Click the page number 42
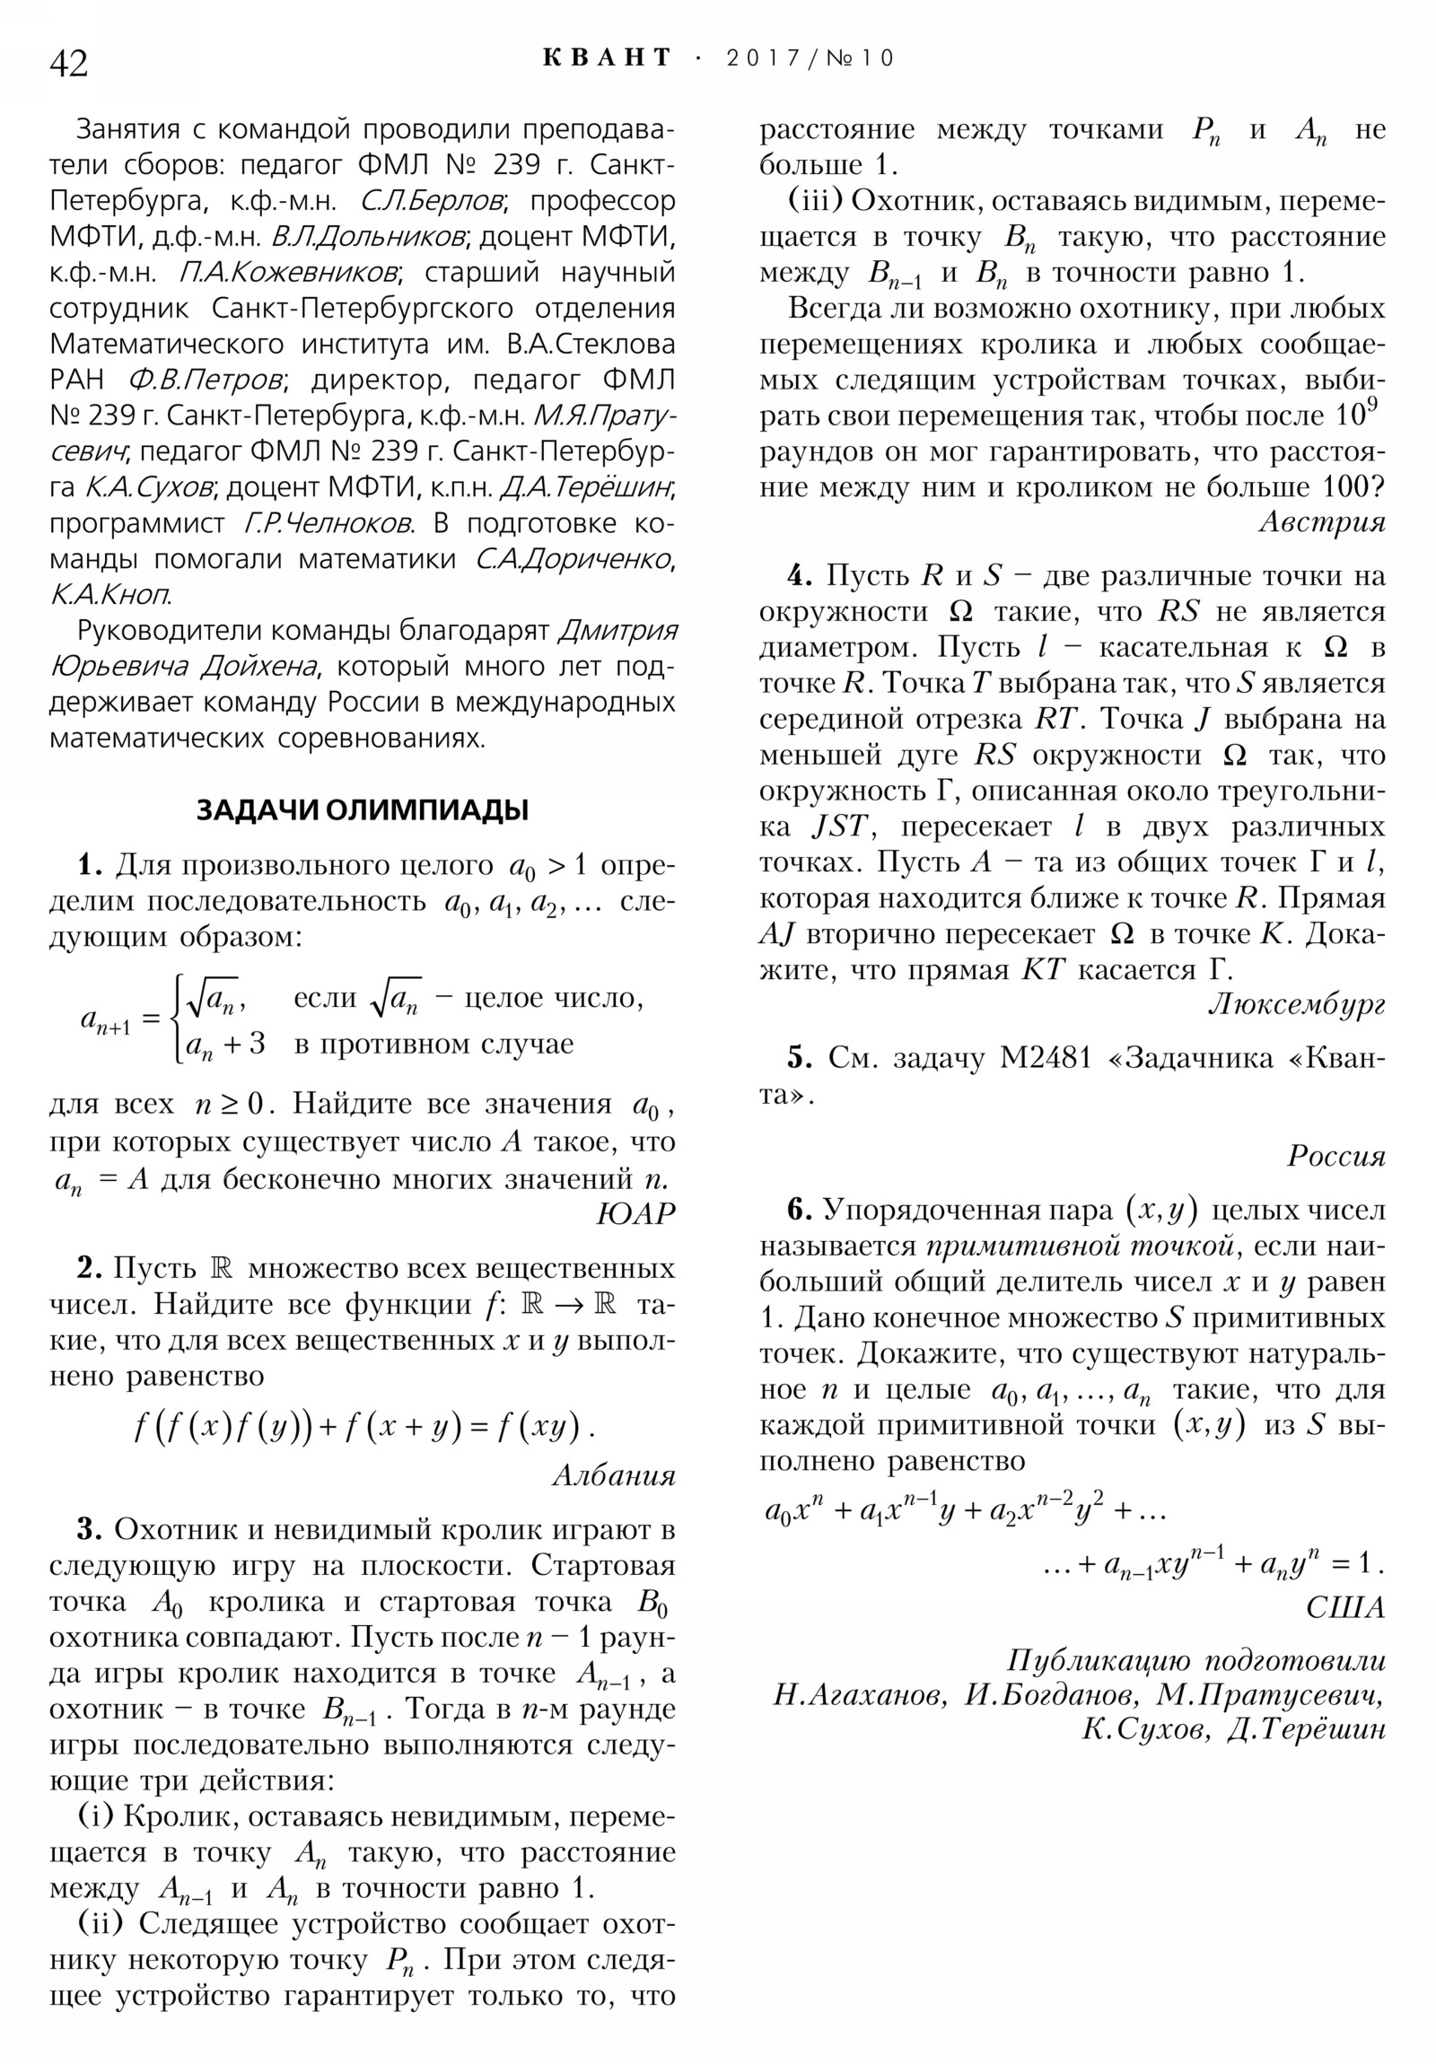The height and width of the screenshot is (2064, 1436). click(x=69, y=64)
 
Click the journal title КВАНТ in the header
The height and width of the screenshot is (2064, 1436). click(x=608, y=57)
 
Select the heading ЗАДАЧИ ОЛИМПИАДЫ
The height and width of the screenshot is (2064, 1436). click(x=363, y=810)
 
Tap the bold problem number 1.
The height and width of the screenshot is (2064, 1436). click(x=90, y=866)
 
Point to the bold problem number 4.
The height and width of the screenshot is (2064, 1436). click(x=800, y=575)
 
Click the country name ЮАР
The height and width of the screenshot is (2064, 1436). click(x=635, y=1213)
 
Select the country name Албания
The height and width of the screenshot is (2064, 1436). click(x=613, y=1475)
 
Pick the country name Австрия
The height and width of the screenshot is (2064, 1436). click(x=1322, y=521)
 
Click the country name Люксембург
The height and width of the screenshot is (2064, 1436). click(x=1296, y=1004)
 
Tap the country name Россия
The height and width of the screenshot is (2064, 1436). click(x=1336, y=1155)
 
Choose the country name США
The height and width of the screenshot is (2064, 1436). click(x=1345, y=1607)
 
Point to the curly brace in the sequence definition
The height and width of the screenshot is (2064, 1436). click(x=179, y=1019)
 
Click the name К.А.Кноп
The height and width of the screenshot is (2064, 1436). click(x=109, y=595)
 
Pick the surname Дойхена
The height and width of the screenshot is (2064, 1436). click(x=259, y=667)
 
